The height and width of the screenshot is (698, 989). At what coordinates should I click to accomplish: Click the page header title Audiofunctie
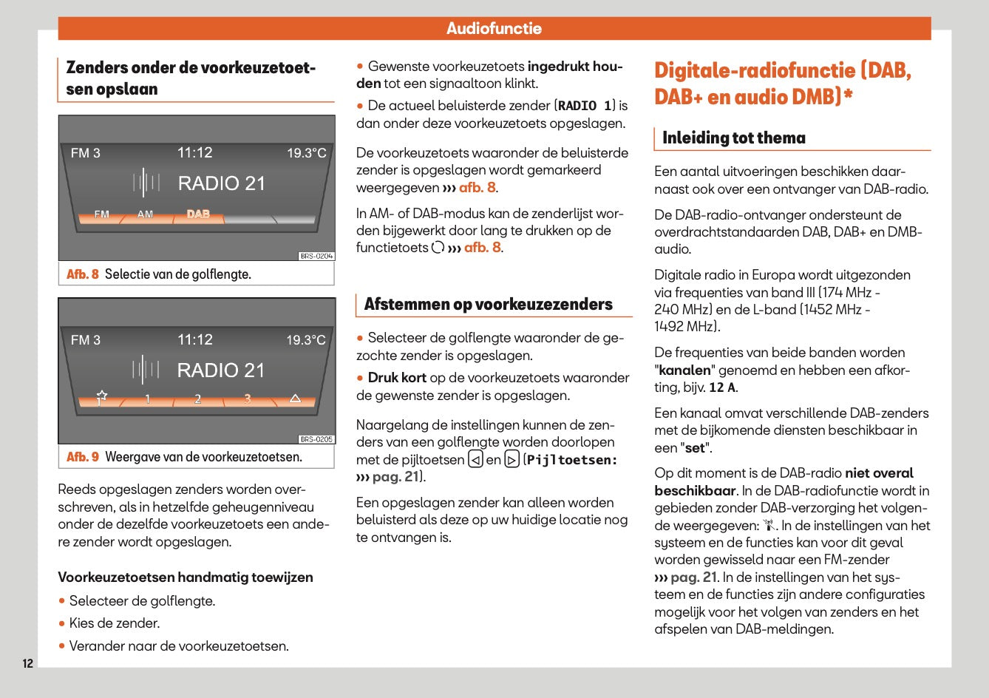(x=494, y=29)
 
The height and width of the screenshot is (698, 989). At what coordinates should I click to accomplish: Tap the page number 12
(x=27, y=663)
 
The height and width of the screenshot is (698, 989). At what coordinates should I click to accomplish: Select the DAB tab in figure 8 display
(x=198, y=214)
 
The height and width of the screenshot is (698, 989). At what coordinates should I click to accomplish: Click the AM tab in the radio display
(x=146, y=214)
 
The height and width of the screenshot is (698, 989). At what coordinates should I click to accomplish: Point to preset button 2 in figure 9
(x=197, y=399)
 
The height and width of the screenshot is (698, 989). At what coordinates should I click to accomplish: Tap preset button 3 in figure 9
(x=248, y=399)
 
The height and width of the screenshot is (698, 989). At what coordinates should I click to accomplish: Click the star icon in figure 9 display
(x=101, y=398)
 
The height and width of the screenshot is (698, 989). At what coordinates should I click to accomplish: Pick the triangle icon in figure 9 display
(x=295, y=399)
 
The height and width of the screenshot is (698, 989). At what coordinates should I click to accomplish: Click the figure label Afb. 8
(x=83, y=274)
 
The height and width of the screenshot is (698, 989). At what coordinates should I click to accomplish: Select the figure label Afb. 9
(x=83, y=457)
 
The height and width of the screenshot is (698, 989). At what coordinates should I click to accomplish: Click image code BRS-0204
(x=316, y=257)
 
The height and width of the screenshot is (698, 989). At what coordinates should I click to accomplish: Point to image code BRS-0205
(x=316, y=439)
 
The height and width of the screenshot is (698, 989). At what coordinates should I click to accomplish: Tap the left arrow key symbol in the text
(x=475, y=460)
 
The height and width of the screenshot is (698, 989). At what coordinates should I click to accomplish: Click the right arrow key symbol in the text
(x=512, y=460)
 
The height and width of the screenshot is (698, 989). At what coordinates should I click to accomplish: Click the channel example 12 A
(x=722, y=387)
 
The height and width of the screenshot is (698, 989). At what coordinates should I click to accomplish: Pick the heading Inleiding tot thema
(x=733, y=138)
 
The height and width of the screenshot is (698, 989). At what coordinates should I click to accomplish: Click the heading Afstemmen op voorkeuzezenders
(x=488, y=305)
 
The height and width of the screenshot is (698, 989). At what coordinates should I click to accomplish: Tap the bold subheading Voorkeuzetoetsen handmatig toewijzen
(x=186, y=577)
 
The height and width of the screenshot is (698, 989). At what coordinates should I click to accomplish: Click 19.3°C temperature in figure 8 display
(x=306, y=153)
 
